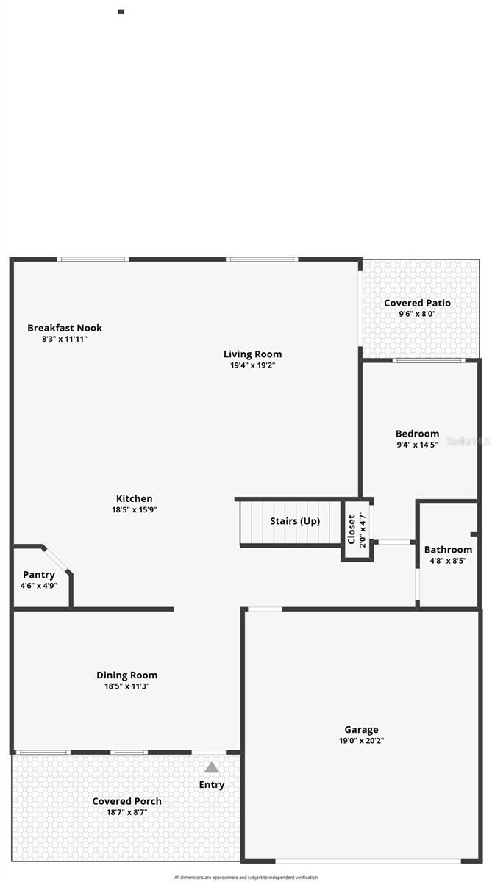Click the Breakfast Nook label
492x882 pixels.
pyautogui.click(x=65, y=328)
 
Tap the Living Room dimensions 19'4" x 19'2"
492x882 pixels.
pyautogui.click(x=252, y=365)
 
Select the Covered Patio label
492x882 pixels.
pyautogui.click(x=417, y=303)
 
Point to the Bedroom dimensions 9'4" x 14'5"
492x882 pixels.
pyautogui.click(x=417, y=445)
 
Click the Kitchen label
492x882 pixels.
pyautogui.click(x=135, y=498)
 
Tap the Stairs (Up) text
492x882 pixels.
pyautogui.click(x=295, y=521)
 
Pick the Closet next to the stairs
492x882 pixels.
pyautogui.click(x=352, y=529)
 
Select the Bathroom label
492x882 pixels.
pyautogui.click(x=448, y=549)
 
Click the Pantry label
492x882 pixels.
pyautogui.click(x=39, y=575)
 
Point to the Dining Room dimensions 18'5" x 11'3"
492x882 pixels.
pyautogui.click(x=127, y=686)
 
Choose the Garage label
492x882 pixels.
pyautogui.click(x=362, y=730)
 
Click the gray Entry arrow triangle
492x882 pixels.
pyautogui.click(x=212, y=767)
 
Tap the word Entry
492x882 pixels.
pyautogui.click(x=212, y=785)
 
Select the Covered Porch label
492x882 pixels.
pyautogui.click(x=126, y=801)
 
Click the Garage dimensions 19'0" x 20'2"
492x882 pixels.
pyautogui.click(x=362, y=741)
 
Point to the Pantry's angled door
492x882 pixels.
pyautogui.click(x=57, y=559)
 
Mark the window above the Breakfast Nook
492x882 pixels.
pyautogui.click(x=93, y=259)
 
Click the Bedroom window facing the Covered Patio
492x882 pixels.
pyautogui.click(x=427, y=360)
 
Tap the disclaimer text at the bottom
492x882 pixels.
pyautogui.click(x=246, y=877)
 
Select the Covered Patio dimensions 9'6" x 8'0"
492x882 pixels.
pyautogui.click(x=417, y=314)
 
